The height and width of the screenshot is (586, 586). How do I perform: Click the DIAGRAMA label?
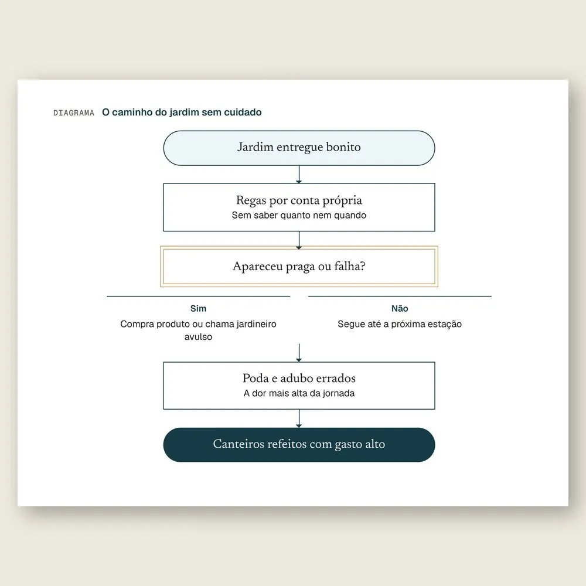(74, 113)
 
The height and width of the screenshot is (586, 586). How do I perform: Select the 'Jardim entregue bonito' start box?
(299, 148)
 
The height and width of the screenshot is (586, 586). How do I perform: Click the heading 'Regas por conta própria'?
(299, 200)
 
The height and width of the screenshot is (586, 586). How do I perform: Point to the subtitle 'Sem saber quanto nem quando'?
(299, 215)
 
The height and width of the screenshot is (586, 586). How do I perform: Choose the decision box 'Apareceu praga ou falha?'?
(299, 267)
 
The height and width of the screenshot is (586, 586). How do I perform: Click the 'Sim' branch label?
(198, 308)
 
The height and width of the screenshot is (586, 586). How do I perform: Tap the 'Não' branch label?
(400, 308)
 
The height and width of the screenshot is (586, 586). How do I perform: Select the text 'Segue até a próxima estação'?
(400, 324)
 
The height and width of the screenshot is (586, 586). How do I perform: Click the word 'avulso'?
(198, 337)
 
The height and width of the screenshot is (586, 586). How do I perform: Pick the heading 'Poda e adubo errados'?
(299, 378)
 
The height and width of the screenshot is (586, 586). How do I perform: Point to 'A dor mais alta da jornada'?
(299, 393)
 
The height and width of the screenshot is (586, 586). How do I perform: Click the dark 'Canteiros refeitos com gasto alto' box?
(299, 445)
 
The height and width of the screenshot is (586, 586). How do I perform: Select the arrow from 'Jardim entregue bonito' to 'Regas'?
(299, 175)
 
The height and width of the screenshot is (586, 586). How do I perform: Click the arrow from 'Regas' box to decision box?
(299, 240)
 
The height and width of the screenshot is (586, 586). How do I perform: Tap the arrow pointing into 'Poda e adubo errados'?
(299, 353)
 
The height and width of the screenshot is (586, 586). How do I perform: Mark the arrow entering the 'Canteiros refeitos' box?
(299, 418)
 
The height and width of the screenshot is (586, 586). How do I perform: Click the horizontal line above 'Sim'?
(199, 297)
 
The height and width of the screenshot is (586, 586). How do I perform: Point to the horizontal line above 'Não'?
(400, 297)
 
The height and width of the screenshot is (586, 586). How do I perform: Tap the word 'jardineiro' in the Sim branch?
(257, 324)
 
